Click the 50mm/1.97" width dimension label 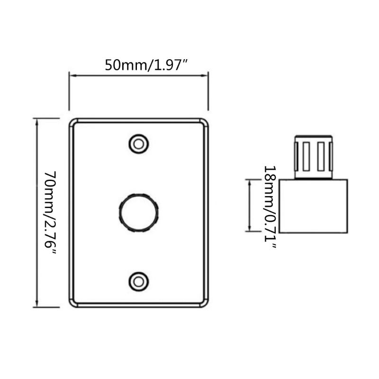click(x=147, y=64)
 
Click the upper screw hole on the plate click(x=138, y=143)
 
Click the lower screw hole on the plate click(x=138, y=280)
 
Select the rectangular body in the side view click(x=314, y=206)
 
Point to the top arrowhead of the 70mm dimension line click(x=37, y=120)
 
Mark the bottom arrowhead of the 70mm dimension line click(x=37, y=305)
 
